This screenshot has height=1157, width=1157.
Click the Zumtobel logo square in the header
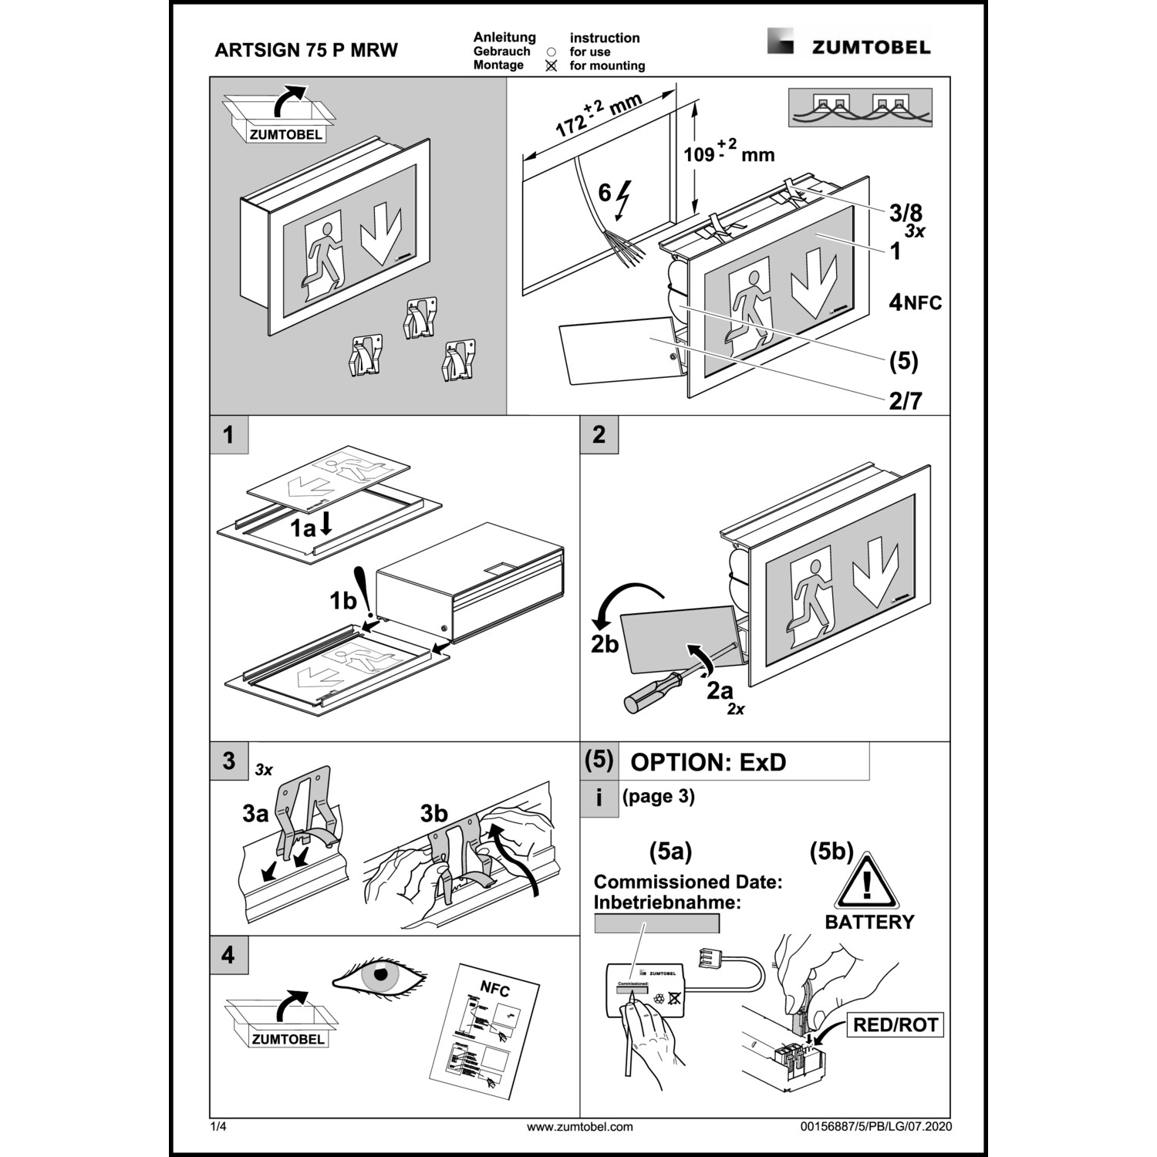[780, 41]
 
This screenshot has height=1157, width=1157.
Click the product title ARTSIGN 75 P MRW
[306, 51]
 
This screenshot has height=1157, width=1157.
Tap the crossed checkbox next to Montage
[551, 66]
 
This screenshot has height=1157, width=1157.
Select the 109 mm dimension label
[728, 152]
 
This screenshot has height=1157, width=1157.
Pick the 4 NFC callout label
[916, 302]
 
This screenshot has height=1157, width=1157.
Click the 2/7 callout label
[905, 400]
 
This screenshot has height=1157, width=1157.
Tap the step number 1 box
[228, 435]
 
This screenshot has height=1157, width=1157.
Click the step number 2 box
[599, 435]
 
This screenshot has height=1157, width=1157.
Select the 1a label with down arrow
[312, 528]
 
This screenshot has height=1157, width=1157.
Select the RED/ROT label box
[895, 1025]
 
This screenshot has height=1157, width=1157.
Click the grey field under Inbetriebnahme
[656, 923]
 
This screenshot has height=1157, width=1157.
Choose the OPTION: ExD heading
[708, 762]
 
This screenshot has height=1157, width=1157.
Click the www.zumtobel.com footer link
[579, 1127]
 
